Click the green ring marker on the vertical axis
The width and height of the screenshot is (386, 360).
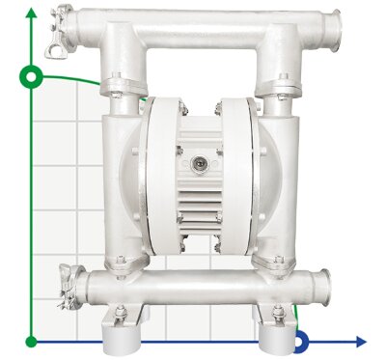(x=32, y=74)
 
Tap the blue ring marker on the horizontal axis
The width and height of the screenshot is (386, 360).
(x=300, y=340)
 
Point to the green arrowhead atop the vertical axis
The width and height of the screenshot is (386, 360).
(x=32, y=13)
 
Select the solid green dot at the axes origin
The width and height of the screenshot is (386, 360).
(x=32, y=341)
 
